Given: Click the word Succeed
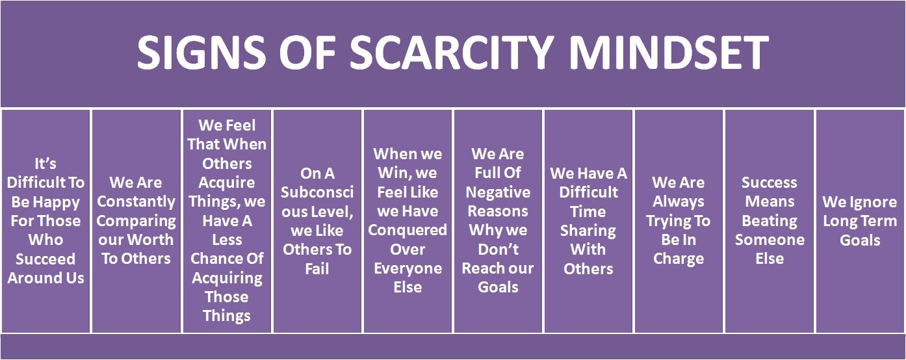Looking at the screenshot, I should tap(45, 259).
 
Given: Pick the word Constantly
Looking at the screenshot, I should tap(136, 201).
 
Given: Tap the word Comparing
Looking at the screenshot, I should tap(136, 220).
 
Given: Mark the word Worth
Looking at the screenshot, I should tap(154, 240).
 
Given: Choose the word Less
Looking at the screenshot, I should tap(227, 240).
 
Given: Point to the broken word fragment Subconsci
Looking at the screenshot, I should tap(317, 192).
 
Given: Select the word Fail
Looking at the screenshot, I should tap(317, 268).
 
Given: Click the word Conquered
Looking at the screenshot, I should tap(408, 230).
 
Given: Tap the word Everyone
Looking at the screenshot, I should tap(408, 268).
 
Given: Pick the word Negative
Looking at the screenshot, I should tap(498, 192).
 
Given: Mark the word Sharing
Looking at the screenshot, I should tap(588, 230).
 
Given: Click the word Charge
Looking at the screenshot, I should tap(679, 259).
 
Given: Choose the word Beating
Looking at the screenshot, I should tap(770, 220).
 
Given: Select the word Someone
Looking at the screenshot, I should tap(770, 240).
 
